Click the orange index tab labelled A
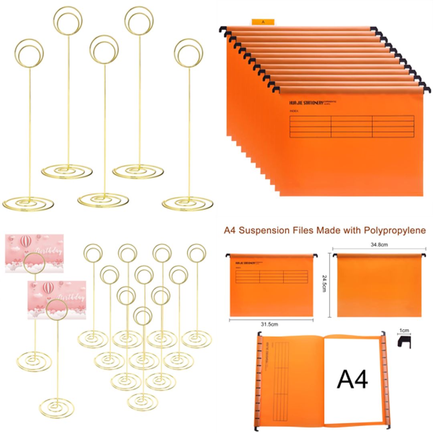[x=263, y=22]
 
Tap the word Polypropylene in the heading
[x=395, y=231]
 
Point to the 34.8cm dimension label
[x=379, y=244]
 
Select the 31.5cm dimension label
[x=270, y=324]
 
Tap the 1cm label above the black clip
[x=405, y=331]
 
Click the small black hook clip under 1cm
[x=404, y=342]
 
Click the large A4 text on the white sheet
[x=352, y=379]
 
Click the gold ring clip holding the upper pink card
[x=35, y=262]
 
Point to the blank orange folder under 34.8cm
[x=379, y=287]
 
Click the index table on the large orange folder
[x=352, y=126]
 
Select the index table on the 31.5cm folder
[x=271, y=277]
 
